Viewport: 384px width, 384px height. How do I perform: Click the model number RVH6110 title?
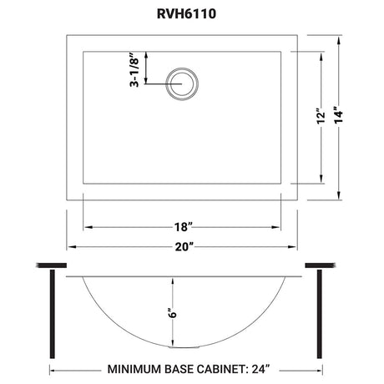186,14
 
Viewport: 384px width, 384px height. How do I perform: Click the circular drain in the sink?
182,83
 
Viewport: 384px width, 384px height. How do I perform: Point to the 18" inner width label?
184,227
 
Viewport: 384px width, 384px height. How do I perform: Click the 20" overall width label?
184,247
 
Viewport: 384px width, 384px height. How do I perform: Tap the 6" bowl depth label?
173,312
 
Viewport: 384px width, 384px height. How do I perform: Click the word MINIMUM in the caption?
134,369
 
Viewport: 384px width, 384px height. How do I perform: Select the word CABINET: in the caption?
221,369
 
